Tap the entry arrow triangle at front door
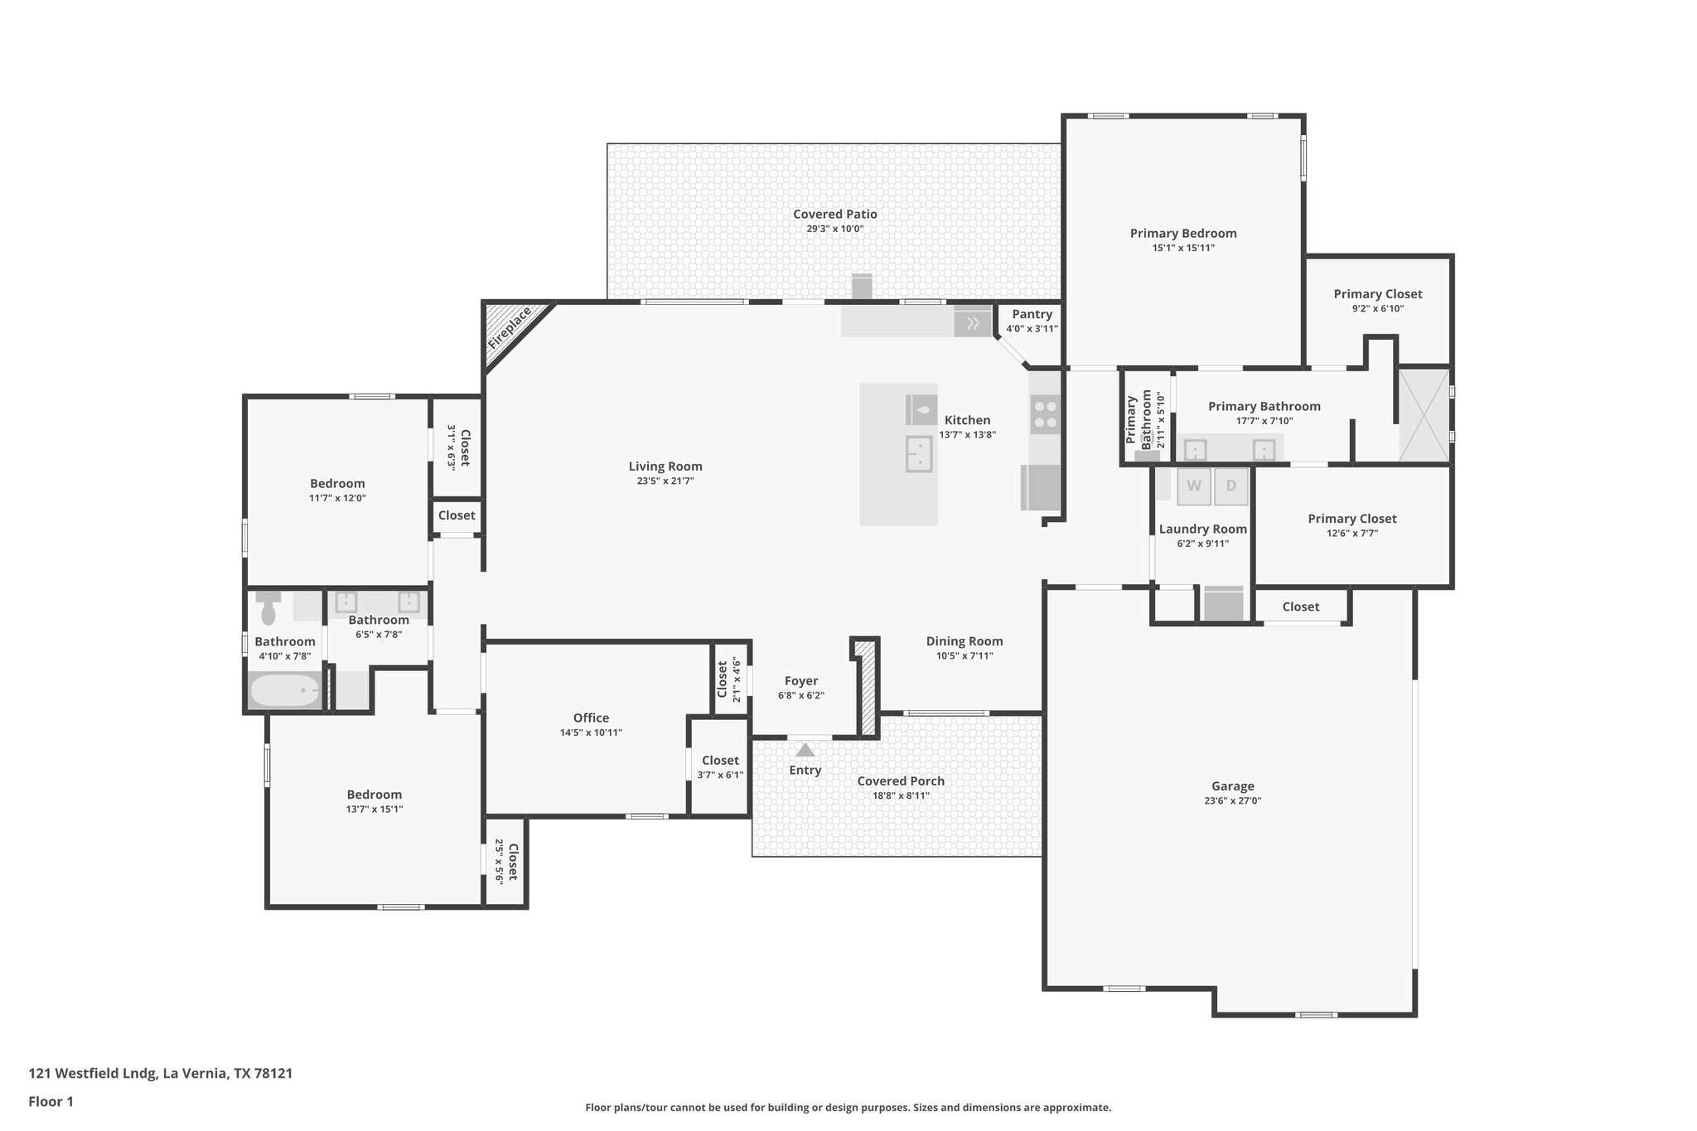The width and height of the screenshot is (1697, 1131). click(805, 751)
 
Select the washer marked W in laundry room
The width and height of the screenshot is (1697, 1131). click(1193, 486)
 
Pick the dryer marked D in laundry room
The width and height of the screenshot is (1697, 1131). click(1231, 486)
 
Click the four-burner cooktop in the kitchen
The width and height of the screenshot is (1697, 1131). click(1045, 414)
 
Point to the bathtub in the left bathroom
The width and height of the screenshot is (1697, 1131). click(285, 691)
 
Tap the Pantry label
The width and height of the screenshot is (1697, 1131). click(1032, 314)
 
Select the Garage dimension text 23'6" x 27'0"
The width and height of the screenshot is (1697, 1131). click(1232, 801)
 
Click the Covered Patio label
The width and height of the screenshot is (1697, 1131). click(834, 214)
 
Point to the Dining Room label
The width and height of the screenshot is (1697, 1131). click(964, 641)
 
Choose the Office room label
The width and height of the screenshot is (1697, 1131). click(591, 718)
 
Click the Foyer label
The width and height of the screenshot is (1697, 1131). click(800, 681)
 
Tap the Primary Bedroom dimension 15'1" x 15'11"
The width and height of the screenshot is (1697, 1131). click(1182, 248)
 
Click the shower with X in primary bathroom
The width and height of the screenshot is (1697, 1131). click(1424, 414)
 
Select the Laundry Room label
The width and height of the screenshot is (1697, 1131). click(1202, 529)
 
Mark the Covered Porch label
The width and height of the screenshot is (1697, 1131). click(900, 781)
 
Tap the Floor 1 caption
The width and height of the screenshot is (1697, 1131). click(51, 1102)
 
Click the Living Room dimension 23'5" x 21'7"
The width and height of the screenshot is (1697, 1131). click(665, 481)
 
